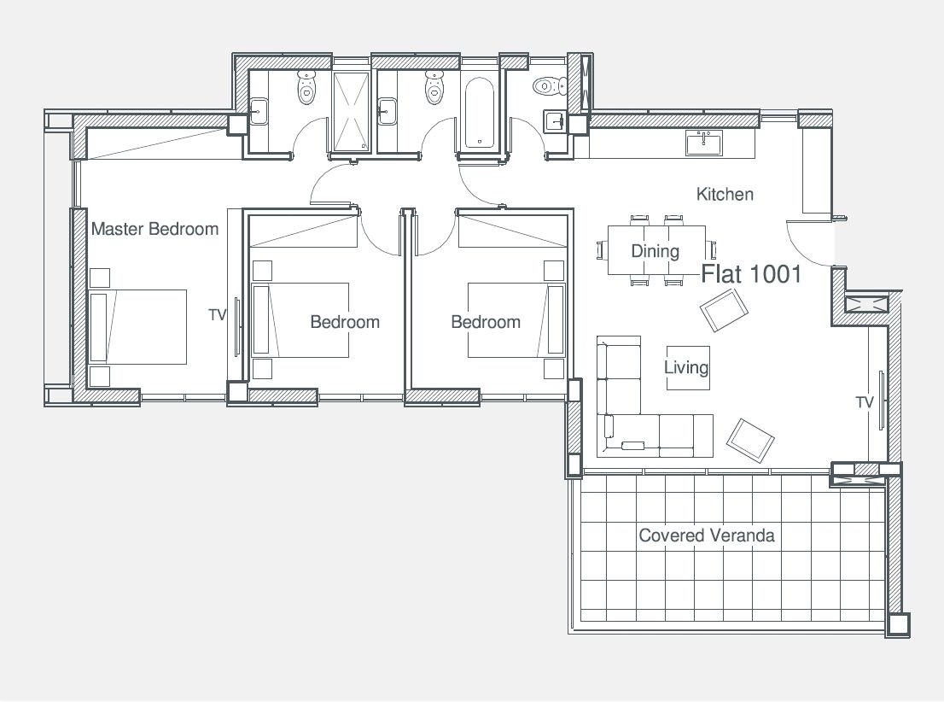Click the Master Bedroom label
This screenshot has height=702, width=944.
coord(154,229)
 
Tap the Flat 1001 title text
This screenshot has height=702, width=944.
coord(751,274)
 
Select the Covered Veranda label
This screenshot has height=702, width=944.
coord(706,535)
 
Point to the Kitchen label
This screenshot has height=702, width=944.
coord(725,194)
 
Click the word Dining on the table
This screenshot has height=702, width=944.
coord(655,251)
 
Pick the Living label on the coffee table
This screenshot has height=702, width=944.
coord(686,367)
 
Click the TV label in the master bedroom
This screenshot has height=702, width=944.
coord(218,314)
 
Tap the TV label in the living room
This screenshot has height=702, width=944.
coord(865,402)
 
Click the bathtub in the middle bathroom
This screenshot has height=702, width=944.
coord(479,113)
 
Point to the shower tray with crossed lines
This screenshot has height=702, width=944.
coord(352,112)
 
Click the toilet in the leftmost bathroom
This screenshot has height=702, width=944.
coord(306,87)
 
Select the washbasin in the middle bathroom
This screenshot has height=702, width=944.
coord(388,112)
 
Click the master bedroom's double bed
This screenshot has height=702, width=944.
coord(138,326)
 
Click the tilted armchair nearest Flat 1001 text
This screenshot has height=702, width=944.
coord(724,310)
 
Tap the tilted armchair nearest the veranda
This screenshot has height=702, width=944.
coord(750,441)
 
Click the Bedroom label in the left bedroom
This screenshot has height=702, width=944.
coord(345,322)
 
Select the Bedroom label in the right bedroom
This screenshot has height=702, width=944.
coord(486,322)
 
